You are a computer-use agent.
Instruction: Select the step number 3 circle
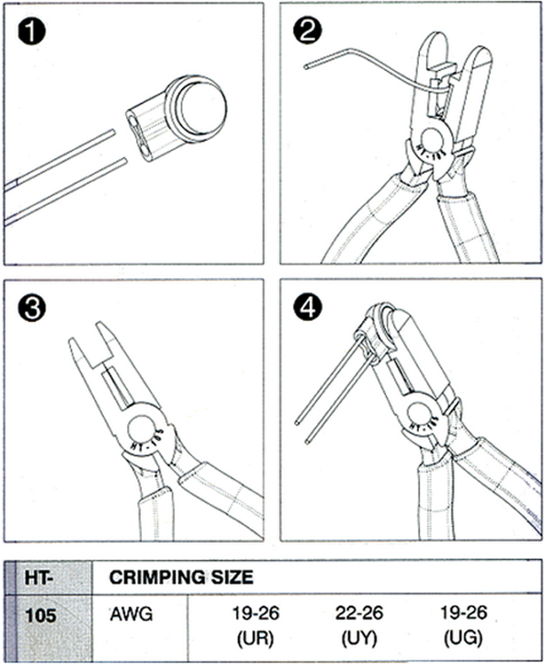32,308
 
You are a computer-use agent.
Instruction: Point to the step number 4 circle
308,307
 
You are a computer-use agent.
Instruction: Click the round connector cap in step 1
196,108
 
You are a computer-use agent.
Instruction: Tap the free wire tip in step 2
306,66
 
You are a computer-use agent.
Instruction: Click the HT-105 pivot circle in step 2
432,143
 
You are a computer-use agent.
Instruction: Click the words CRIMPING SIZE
181,577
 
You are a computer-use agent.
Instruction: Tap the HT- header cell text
39,577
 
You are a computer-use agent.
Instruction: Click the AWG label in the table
131,614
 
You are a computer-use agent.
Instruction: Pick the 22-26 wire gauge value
359,614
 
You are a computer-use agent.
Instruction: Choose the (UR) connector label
255,639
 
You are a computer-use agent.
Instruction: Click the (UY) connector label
359,639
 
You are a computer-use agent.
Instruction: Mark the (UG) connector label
463,639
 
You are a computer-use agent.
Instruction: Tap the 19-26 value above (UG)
463,614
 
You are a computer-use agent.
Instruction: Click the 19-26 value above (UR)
255,614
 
